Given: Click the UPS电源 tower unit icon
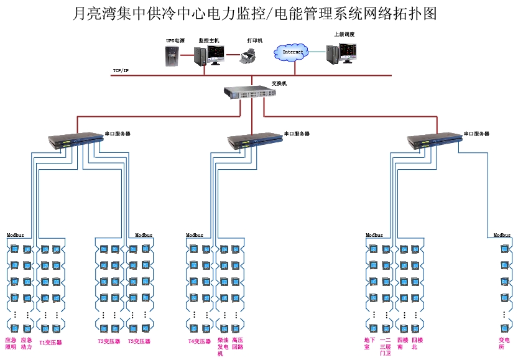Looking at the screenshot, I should coord(171,55).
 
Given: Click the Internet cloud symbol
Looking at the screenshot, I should coord(292,53).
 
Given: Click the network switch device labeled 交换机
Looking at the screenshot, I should coord(250,93).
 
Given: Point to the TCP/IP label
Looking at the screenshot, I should coord(121,71).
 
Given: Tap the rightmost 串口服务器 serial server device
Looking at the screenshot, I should coord(434,141).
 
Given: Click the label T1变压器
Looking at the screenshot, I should coord(50,342).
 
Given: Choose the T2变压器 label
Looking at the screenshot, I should coord(109,341).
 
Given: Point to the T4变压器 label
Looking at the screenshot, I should coord(200,341).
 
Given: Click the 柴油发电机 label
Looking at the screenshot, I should coord(223,347).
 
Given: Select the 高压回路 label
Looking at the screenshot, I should coord(238,344).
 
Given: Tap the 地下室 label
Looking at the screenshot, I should coord(370,343).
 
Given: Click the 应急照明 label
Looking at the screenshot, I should coord(11,343).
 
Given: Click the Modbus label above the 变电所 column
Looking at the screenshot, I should coord(502,236).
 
